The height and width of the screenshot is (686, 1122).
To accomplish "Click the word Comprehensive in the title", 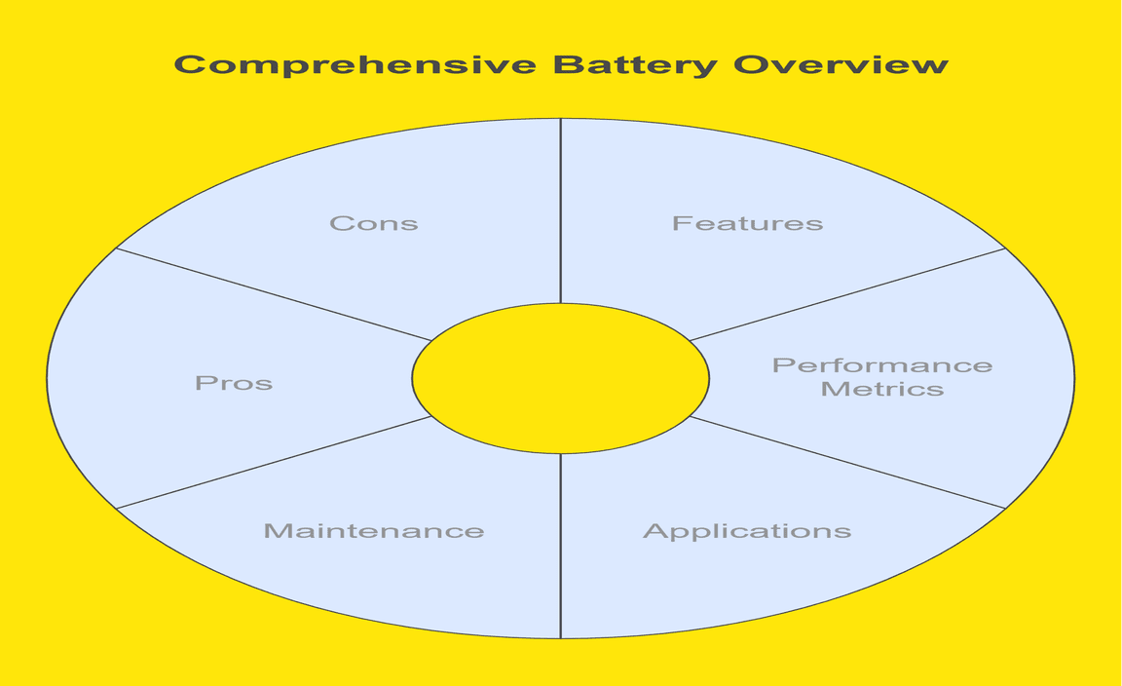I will (x=355, y=65).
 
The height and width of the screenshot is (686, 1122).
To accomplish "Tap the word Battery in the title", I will (x=634, y=64).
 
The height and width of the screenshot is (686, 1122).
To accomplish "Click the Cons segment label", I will (x=374, y=223).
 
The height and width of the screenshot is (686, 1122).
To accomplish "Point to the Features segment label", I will (x=747, y=223).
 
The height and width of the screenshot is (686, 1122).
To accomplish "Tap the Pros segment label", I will (x=234, y=383).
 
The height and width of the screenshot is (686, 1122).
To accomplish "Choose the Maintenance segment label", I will (x=374, y=531).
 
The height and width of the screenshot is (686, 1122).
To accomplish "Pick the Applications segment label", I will (x=747, y=531).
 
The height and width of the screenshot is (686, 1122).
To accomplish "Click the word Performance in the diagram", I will (x=882, y=366).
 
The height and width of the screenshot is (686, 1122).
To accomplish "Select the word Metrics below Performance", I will (x=882, y=390).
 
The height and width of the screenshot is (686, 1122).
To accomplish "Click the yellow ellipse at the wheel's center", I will (x=560, y=378).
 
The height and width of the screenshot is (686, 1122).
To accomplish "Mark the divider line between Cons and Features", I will (x=560, y=210).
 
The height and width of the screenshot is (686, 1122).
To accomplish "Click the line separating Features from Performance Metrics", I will (x=847, y=294).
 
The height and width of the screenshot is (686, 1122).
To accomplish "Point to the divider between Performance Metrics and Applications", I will (x=847, y=462).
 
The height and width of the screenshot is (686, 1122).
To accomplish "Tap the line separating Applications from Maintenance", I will (x=560, y=546).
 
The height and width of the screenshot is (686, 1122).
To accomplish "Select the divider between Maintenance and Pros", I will (x=273, y=463).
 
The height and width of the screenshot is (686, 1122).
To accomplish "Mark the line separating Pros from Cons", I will (x=273, y=294).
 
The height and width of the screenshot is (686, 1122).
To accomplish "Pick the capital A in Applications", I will (x=654, y=531).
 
